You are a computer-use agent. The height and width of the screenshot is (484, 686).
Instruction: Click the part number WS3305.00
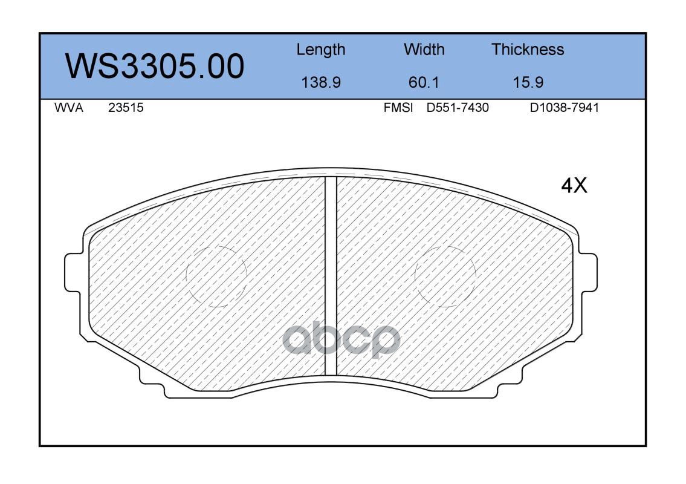[x=155, y=67]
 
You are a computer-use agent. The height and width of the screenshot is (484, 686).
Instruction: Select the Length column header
[x=321, y=50]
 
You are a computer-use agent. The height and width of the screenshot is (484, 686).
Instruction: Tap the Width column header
[x=424, y=50]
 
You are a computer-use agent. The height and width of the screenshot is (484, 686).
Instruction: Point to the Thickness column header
[x=528, y=50]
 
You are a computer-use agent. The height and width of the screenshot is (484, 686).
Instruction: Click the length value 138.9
[x=321, y=82]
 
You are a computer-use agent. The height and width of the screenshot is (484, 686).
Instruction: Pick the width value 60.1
[x=424, y=82]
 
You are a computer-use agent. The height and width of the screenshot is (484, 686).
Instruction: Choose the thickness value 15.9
[x=528, y=82]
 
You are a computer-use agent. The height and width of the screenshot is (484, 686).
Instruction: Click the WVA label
[x=69, y=108]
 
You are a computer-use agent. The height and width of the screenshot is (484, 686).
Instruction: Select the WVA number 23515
[x=126, y=108]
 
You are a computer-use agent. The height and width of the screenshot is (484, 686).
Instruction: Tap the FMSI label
[x=398, y=108]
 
